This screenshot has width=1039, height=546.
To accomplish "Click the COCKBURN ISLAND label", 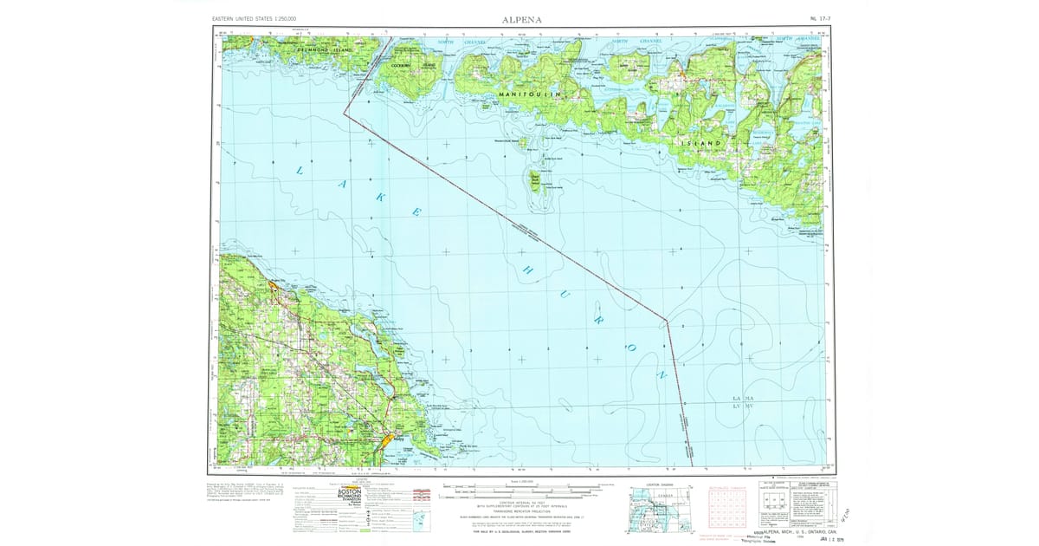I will click(x=414, y=65).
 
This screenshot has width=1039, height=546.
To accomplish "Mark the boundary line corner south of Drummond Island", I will click(x=344, y=113).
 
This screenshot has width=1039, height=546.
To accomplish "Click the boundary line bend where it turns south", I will click(x=667, y=322).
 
